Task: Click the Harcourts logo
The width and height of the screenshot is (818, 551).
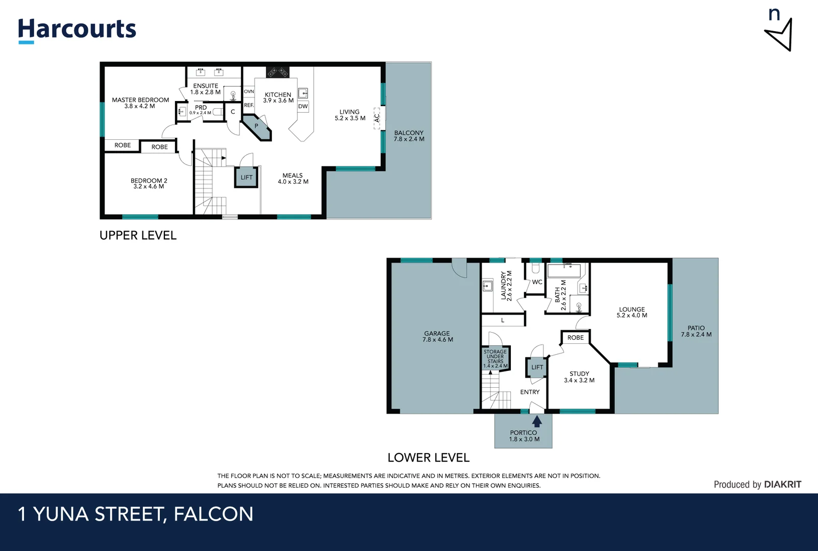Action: (77, 30)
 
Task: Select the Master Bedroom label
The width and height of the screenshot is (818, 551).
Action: (140, 103)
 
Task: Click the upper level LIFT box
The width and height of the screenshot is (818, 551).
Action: (246, 178)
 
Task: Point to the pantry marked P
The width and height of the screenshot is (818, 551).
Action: (257, 127)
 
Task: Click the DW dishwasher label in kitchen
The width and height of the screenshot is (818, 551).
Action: (303, 107)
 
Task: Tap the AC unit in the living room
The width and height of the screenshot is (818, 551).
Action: (377, 118)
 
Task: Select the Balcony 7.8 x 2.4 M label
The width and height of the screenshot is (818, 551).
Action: (409, 136)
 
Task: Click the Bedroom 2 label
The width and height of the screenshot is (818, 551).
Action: (148, 184)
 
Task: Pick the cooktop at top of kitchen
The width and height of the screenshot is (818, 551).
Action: (278, 71)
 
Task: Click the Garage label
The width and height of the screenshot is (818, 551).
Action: (437, 336)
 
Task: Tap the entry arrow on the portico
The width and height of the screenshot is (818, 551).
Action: (537, 421)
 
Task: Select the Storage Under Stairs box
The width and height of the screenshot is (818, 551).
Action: (495, 358)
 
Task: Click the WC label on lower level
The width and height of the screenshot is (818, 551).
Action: (537, 282)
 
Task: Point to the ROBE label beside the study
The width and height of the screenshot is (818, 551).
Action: (576, 338)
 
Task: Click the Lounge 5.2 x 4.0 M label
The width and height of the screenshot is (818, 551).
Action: (632, 312)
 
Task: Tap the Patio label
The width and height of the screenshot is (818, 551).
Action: (696, 331)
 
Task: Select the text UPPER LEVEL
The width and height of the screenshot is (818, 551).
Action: (138, 236)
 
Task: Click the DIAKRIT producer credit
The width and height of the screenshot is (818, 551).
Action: (783, 485)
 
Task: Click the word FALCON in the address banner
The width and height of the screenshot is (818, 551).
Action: (213, 514)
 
